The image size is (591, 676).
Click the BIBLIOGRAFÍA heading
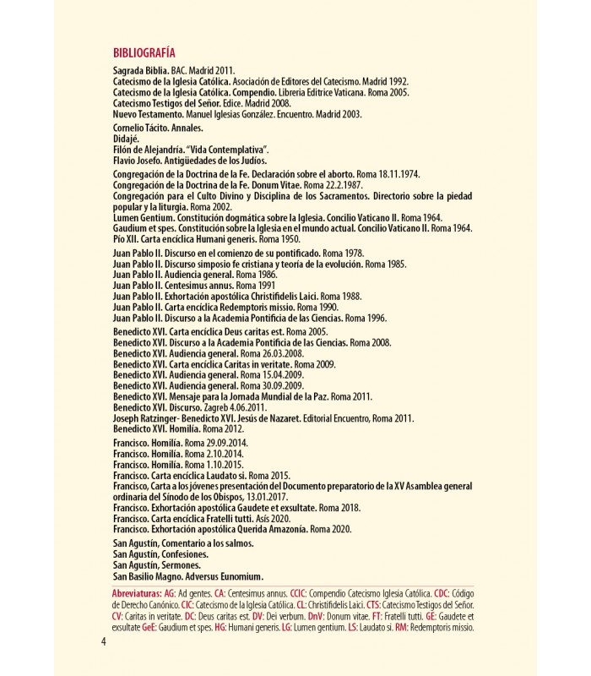coord(149,50)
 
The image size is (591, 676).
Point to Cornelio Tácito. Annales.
coord(157,127)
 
